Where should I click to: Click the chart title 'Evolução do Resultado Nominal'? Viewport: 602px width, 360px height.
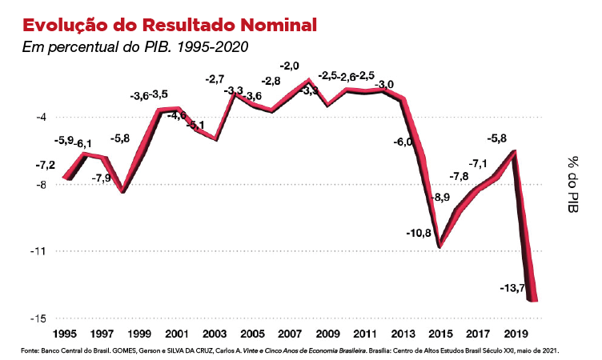pos(169,23)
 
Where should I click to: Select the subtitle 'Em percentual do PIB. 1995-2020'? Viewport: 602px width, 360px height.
pos(135,46)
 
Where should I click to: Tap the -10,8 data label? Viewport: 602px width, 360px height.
pos(419,234)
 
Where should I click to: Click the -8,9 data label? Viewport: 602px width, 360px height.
pos(441,197)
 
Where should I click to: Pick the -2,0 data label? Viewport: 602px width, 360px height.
pos(290,65)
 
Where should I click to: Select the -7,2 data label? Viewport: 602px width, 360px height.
pos(23,165)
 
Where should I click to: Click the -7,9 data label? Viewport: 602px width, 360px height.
pos(102,178)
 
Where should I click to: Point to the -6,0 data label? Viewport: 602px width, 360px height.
pos(403,142)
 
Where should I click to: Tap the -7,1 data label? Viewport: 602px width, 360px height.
pos(479,163)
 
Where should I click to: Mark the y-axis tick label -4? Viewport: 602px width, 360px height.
pos(38,117)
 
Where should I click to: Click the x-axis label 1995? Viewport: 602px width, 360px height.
pos(64,334)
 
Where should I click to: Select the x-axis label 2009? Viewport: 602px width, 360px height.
pos(327,334)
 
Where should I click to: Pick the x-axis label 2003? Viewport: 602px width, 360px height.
pos(215,334)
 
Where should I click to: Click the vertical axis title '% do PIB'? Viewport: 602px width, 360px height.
pos(574,185)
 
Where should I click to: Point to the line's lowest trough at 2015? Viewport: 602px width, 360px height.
pos(439,247)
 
